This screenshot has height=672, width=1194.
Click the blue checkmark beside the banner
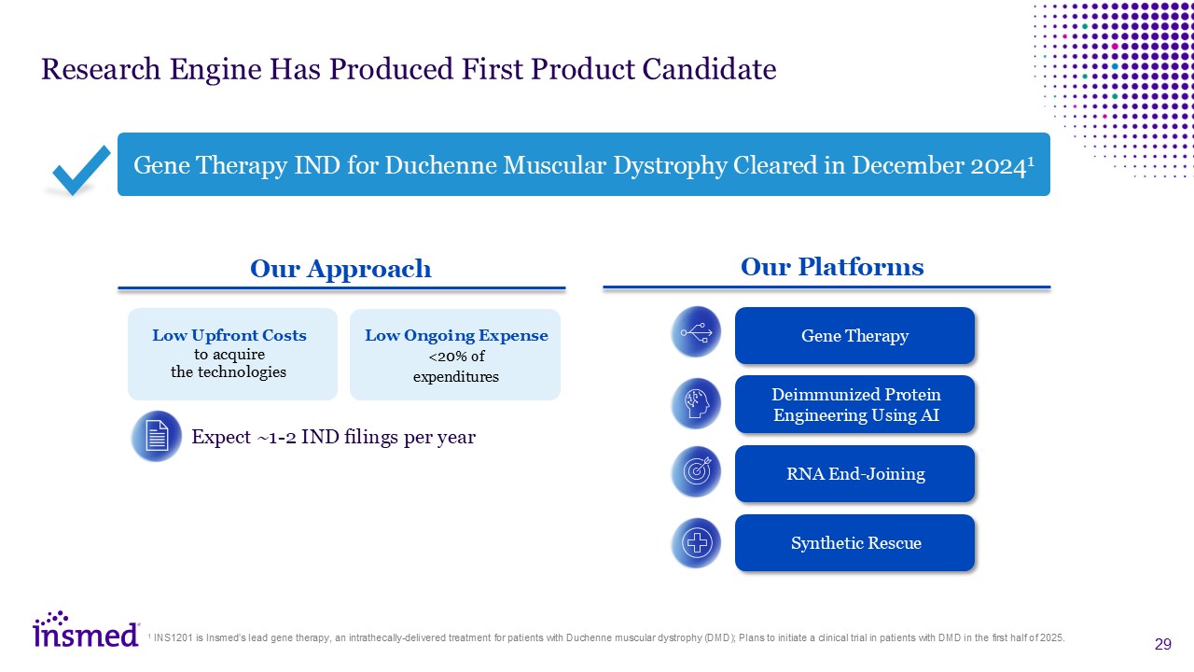pyautogui.click(x=81, y=171)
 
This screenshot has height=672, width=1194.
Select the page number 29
pyautogui.click(x=1162, y=644)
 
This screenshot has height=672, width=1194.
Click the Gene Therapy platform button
pyautogui.click(x=854, y=335)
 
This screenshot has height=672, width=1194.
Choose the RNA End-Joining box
pyautogui.click(x=854, y=473)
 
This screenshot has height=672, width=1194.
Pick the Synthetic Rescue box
pyautogui.click(x=854, y=543)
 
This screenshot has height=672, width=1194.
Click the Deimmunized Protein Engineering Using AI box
pyautogui.click(x=854, y=404)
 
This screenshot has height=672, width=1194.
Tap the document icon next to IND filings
pyautogui.click(x=157, y=436)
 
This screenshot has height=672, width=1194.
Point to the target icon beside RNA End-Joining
pyautogui.click(x=696, y=471)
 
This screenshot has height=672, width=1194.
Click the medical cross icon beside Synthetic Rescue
pyautogui.click(x=696, y=543)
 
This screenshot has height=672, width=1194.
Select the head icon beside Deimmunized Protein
pyautogui.click(x=696, y=403)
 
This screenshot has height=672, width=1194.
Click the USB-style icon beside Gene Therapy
pyautogui.click(x=696, y=331)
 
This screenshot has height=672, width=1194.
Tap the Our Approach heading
pyautogui.click(x=340, y=269)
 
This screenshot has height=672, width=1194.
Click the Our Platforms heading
pyautogui.click(x=832, y=267)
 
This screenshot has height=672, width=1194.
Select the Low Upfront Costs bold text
pyautogui.click(x=229, y=335)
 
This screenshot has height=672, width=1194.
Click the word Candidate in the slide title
pyautogui.click(x=709, y=69)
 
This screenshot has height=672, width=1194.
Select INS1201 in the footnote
pyautogui.click(x=173, y=637)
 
